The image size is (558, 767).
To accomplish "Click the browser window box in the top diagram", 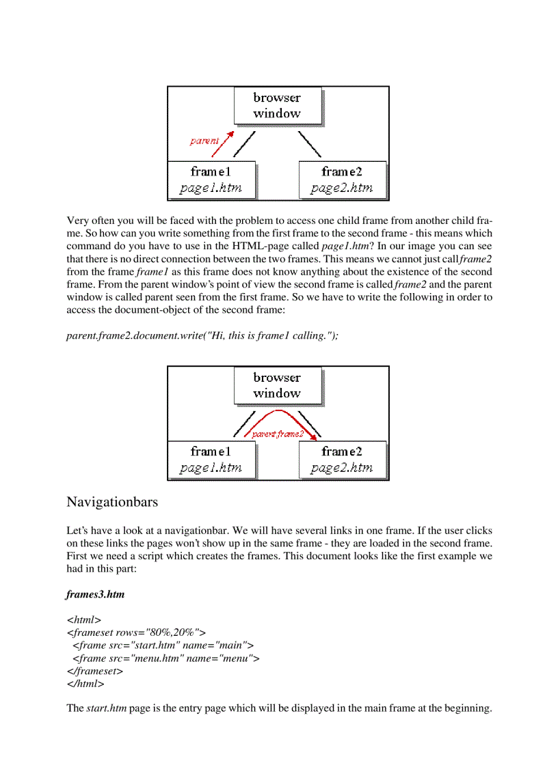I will point(277,106).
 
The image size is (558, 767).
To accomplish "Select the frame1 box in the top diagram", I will point(211,180).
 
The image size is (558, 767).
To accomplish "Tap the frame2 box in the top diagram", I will point(342,180).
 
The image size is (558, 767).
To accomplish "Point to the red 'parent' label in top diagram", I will point(204,141).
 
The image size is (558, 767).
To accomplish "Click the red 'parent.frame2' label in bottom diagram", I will point(277,434).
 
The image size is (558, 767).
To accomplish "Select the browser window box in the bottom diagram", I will point(277,385).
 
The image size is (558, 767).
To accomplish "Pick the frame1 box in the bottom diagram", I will point(211,460).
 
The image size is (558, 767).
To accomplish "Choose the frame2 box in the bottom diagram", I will point(342,460).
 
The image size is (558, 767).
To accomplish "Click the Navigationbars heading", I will point(112,502).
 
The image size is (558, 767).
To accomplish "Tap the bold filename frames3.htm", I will point(95,594).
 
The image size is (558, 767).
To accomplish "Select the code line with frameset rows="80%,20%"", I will point(136,632).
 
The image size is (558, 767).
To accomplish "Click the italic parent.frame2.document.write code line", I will point(202,335).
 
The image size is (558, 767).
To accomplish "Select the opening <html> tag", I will point(83,619).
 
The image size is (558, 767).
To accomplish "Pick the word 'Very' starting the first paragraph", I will point(77,221).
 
